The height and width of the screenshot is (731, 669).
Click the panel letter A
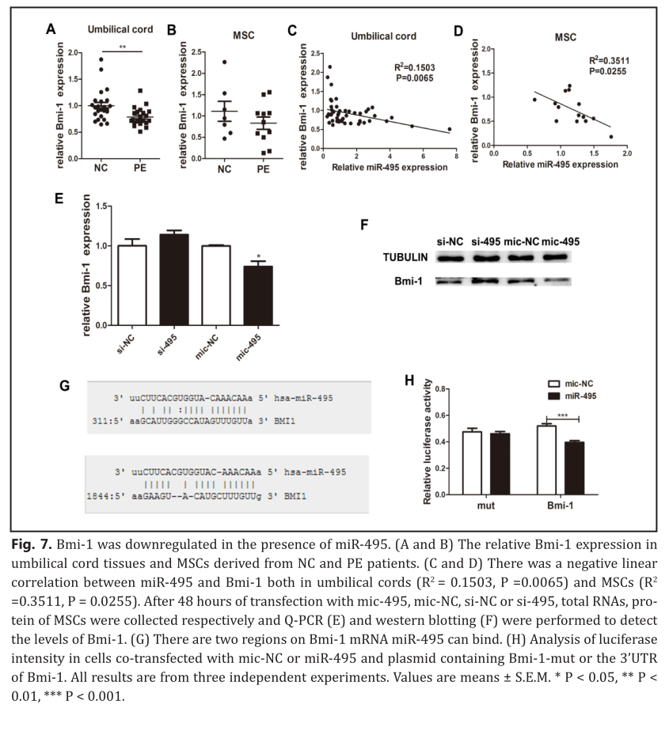[50, 31]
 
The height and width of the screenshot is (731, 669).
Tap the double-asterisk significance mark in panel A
[123, 47]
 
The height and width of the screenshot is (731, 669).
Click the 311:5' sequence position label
[102, 424]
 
